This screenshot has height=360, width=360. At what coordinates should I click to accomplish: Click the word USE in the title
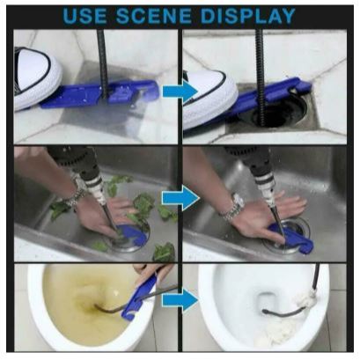(x=84, y=16)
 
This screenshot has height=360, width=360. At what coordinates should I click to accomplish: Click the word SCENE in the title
(x=154, y=16)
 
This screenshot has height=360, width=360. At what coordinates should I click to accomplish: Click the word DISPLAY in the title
(x=248, y=16)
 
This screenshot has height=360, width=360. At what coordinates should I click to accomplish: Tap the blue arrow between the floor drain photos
(x=180, y=92)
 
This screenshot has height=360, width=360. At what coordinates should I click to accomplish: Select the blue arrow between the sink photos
(x=180, y=199)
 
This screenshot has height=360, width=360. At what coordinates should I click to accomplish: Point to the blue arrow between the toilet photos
(x=180, y=300)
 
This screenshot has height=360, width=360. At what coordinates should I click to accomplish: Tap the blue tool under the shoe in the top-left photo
(x=99, y=94)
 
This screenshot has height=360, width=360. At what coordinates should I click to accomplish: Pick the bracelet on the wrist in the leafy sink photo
(x=73, y=197)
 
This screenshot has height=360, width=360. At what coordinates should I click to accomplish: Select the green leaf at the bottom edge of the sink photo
(x=165, y=252)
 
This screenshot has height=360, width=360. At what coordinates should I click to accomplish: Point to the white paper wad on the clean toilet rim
(x=305, y=299)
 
